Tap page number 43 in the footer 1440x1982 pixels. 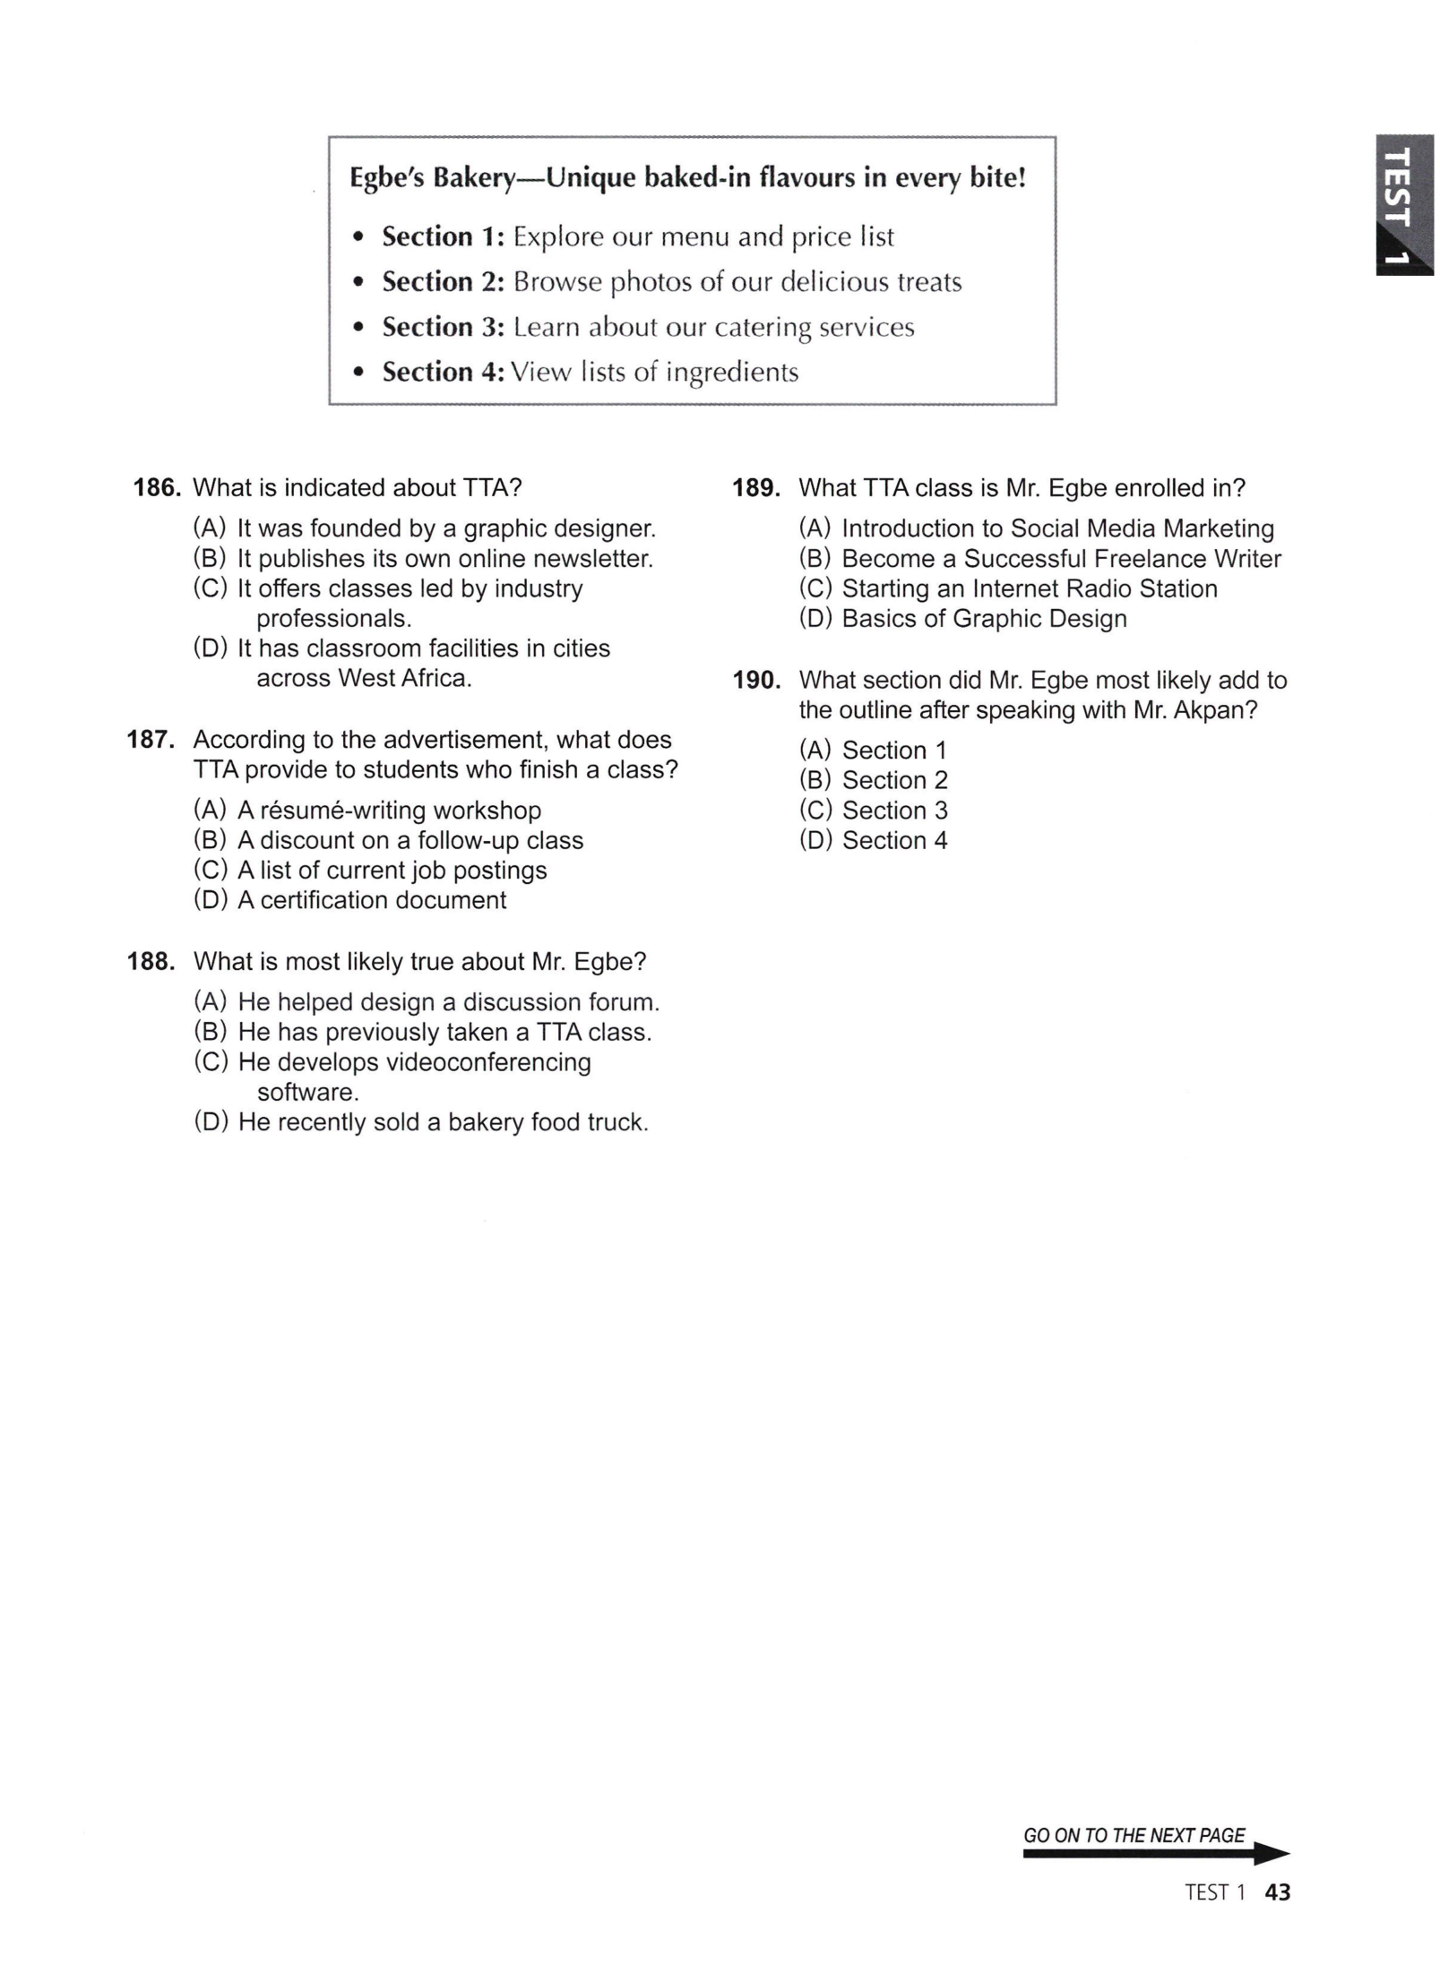click(x=1277, y=1892)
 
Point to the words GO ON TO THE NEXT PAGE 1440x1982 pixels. click(x=1134, y=1835)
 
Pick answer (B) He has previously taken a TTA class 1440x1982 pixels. click(x=422, y=1032)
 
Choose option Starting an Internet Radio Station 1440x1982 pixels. click(x=1008, y=588)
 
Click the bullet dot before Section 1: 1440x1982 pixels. click(x=359, y=238)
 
